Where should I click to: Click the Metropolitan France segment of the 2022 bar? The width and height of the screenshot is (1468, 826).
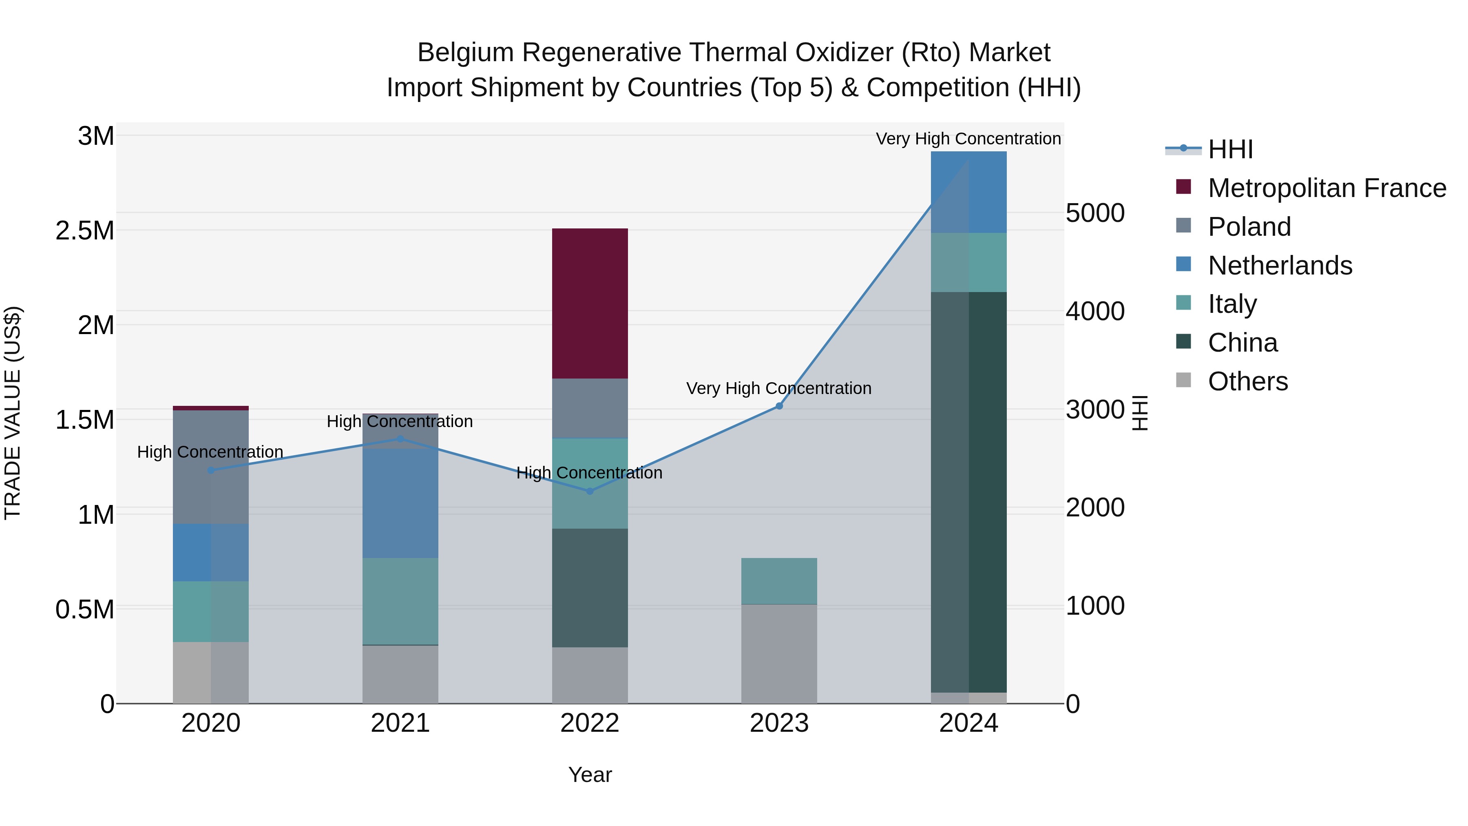pos(590,303)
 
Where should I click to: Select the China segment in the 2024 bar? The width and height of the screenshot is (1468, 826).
pos(969,492)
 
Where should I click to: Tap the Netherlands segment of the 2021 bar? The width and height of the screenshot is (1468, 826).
pos(400,503)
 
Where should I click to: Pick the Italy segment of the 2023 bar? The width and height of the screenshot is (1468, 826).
pos(779,581)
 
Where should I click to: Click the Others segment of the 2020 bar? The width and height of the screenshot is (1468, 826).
pos(211,673)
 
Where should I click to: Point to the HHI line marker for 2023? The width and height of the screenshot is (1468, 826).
pos(779,406)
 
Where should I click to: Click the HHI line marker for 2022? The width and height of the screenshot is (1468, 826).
pos(590,491)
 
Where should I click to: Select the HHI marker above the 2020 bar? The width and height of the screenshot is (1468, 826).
pos(211,470)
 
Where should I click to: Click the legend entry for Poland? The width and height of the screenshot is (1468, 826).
pos(1249,227)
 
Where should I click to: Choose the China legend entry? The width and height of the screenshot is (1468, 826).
pos(1242,343)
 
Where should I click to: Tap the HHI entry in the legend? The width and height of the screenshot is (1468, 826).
pos(1230,149)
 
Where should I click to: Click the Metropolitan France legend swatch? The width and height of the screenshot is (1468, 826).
pos(1184,187)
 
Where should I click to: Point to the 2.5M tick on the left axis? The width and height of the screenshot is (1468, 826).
pos(86,231)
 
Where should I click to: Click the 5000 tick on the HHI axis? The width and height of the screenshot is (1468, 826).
pos(1095,213)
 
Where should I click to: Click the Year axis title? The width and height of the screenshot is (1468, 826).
pos(590,775)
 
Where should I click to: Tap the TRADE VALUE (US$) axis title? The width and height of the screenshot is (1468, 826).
pos(13,413)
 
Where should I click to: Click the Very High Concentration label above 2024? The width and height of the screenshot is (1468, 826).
pos(968,139)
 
